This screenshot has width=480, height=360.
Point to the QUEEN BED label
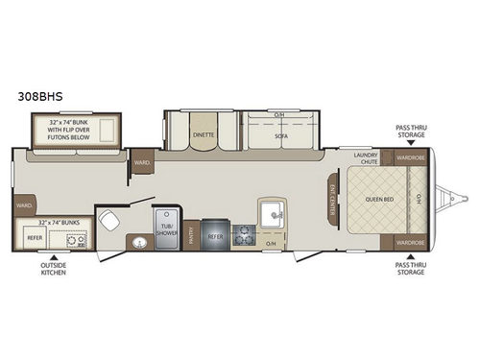coord(379,200)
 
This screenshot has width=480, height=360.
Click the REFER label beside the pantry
coord(215,234)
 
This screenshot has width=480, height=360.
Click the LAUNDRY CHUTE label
coord(366,157)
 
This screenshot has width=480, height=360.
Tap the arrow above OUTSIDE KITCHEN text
coord(54,255)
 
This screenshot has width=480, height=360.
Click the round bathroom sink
coord(139,240)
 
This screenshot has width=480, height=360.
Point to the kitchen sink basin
coord(269,212)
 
